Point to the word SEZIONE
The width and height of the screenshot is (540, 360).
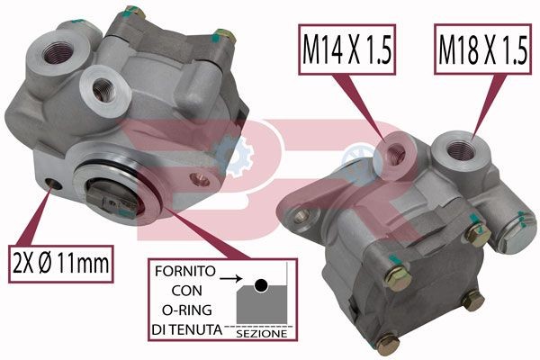pos(262,333)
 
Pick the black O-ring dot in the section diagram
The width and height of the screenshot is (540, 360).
pos(259,285)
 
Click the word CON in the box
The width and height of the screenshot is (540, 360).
pos(183,291)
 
